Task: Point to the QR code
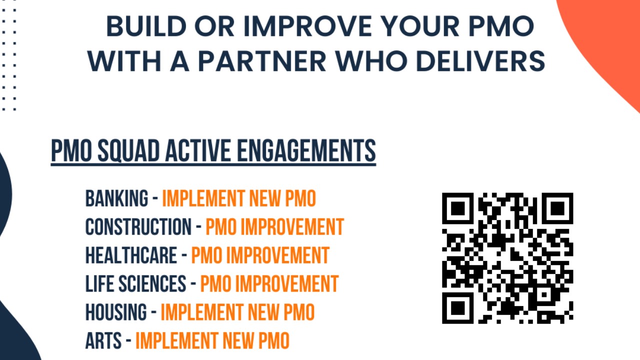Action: [x=507, y=258]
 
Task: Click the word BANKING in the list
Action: [x=116, y=199]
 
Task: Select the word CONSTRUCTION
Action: [x=138, y=227]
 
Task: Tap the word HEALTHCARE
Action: [x=131, y=255]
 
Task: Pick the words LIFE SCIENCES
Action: [x=135, y=284]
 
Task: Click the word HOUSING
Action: [x=116, y=312]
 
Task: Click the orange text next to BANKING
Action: [x=239, y=199]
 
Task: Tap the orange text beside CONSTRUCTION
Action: [x=274, y=227]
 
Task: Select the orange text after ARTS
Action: [x=212, y=341]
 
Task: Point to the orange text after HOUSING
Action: [x=237, y=312]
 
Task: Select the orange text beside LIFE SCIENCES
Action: [x=269, y=284]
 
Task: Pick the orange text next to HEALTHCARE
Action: [x=260, y=255]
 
